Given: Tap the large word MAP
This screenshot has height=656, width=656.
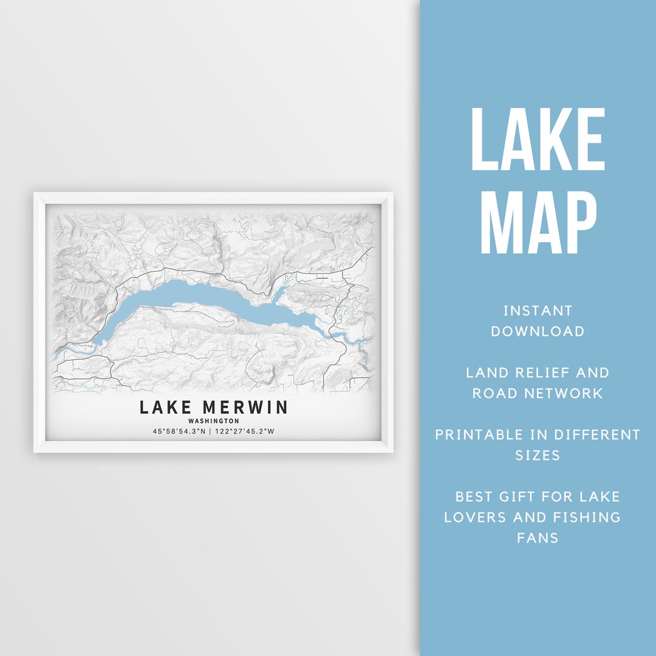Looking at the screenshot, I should pos(538,222).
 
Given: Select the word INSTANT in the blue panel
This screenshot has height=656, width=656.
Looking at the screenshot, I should pos(538,311).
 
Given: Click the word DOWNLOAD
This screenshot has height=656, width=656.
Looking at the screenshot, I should pos(538,332).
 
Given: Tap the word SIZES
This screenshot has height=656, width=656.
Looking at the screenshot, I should pos(538,456).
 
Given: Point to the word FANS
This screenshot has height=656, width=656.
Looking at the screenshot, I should pos(538,538).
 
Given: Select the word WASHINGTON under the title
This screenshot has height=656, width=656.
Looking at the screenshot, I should pos(214,421).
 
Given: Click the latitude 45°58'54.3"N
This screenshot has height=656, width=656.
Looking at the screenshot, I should pos(180,432).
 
